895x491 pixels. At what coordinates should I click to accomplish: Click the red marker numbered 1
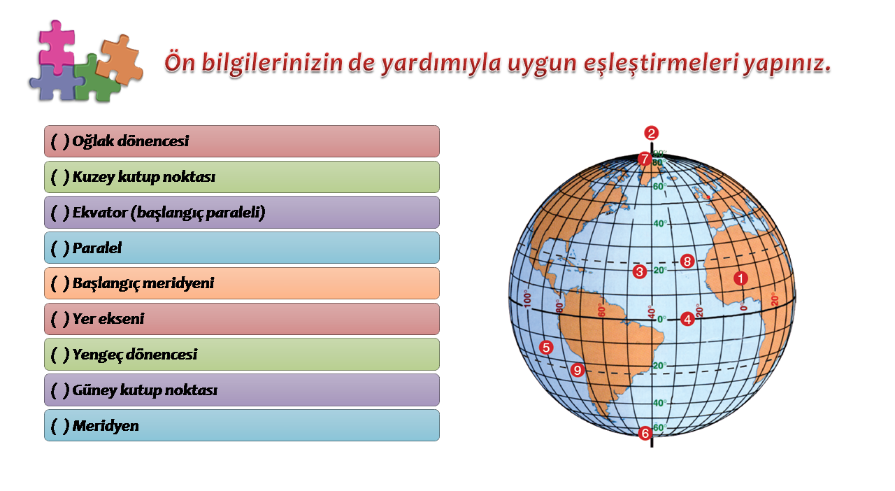coord(740,278)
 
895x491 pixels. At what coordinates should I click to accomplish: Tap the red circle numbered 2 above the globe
coord(651,133)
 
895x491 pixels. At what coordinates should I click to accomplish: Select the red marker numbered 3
coord(640,272)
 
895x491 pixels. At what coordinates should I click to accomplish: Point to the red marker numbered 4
coord(687,319)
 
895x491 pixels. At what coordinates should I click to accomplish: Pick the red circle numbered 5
coord(546,348)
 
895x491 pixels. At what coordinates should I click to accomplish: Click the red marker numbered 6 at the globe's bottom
coord(645,433)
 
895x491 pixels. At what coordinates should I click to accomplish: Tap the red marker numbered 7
coord(644,159)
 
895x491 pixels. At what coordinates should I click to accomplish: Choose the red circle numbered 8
coord(687,262)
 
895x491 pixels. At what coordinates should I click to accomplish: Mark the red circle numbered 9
coord(578,370)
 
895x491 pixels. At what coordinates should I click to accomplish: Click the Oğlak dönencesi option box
coord(242,141)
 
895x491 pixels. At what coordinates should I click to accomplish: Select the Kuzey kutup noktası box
coord(242,177)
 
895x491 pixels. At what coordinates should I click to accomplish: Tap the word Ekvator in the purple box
coord(99,213)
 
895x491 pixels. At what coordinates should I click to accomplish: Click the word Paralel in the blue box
coord(97,248)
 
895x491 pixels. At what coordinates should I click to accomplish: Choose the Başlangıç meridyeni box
coord(242,283)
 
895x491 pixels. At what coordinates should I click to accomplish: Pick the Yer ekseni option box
coord(242,319)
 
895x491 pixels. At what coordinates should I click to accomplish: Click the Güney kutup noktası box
coord(242,390)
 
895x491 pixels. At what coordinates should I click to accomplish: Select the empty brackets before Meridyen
coord(60,426)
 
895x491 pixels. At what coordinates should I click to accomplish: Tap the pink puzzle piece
coord(57,47)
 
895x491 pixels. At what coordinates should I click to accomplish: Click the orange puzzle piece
coord(120,60)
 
